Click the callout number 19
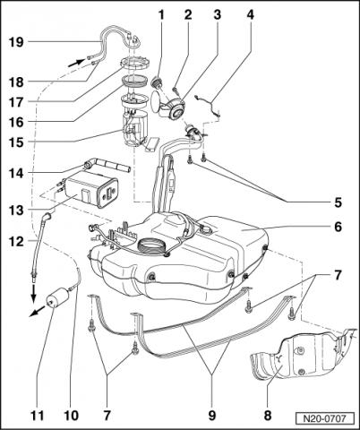tap(16, 42)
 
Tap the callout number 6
tap(338, 227)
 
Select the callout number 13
tap(16, 210)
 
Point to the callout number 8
tap(267, 415)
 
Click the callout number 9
tap(211, 415)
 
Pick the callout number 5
tap(338, 202)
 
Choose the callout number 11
tap(37, 415)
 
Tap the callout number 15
tap(16, 142)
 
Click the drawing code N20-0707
tap(324, 418)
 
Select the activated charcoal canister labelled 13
tap(91, 190)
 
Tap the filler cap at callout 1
tap(157, 82)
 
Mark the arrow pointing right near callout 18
tap(75, 63)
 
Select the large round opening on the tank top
tap(151, 247)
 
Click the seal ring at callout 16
tap(135, 82)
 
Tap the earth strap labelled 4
tap(208, 105)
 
